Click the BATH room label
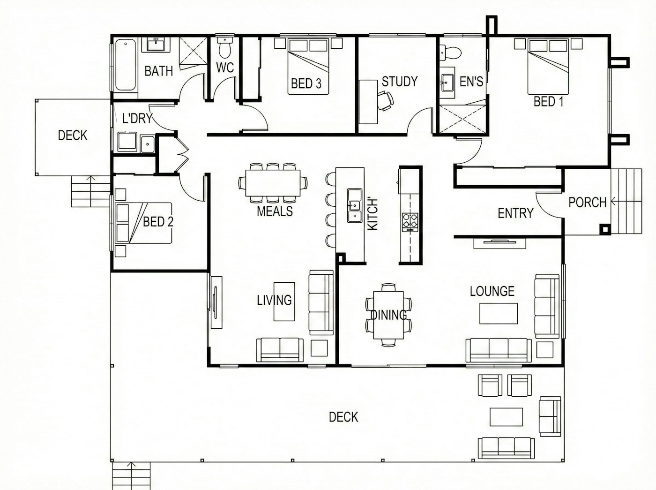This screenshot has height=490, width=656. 159,71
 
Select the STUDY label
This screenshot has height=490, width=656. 400,81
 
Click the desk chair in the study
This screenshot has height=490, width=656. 386,101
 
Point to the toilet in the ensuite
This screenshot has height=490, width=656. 451,53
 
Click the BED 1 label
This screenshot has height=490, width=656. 548,102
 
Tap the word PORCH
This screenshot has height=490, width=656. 587,203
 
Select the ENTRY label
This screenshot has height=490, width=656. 515,213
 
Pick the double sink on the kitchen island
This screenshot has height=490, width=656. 354,205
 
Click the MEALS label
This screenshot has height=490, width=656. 275,211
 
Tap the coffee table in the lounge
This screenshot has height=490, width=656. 499,313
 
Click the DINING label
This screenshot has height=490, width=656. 388,315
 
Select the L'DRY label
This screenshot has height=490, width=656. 137,118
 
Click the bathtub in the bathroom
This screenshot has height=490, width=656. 126,65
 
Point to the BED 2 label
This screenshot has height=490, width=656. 158,222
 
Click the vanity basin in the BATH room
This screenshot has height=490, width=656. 156,45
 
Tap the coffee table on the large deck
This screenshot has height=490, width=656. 506,417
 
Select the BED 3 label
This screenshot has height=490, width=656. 306,84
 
